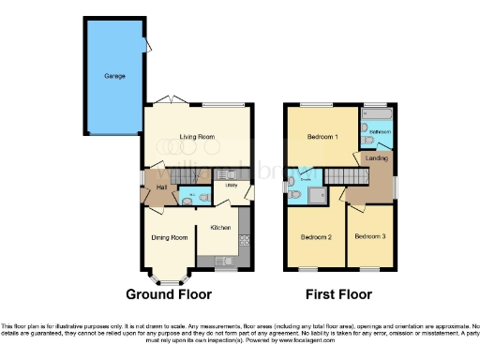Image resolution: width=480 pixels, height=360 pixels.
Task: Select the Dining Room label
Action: coord(170,237)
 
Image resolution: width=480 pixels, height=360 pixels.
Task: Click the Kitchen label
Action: coord(220,228)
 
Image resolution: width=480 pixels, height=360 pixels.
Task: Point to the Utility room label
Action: coord(232,186)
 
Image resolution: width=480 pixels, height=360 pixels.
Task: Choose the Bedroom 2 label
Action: coord(317,237)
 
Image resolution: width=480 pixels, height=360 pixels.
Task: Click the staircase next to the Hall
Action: coord(184,173)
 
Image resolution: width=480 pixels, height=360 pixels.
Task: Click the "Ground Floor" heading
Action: coord(168,294)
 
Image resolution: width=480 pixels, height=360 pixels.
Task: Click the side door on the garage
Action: coord(143,43)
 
